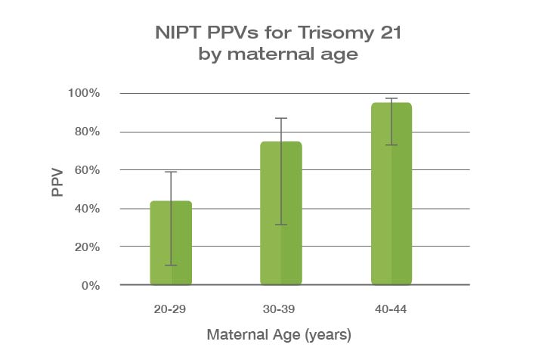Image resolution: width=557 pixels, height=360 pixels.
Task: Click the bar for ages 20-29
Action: (x=171, y=244)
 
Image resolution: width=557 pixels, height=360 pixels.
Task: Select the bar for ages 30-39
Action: (x=281, y=213)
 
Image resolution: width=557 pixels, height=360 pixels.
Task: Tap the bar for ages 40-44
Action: (x=391, y=194)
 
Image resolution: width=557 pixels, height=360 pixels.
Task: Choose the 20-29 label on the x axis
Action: (x=171, y=309)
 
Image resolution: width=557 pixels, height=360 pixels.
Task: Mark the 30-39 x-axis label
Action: (x=281, y=309)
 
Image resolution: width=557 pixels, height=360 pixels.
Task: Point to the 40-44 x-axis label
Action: (x=391, y=309)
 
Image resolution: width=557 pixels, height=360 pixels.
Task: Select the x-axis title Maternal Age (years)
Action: (x=280, y=333)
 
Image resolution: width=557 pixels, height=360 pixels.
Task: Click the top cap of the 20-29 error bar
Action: (x=171, y=172)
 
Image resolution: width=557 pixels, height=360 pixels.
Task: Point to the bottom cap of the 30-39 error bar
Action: (x=281, y=225)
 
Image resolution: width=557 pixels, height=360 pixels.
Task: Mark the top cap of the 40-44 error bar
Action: (x=391, y=98)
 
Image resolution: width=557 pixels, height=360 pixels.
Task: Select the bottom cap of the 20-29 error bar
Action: (x=171, y=265)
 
